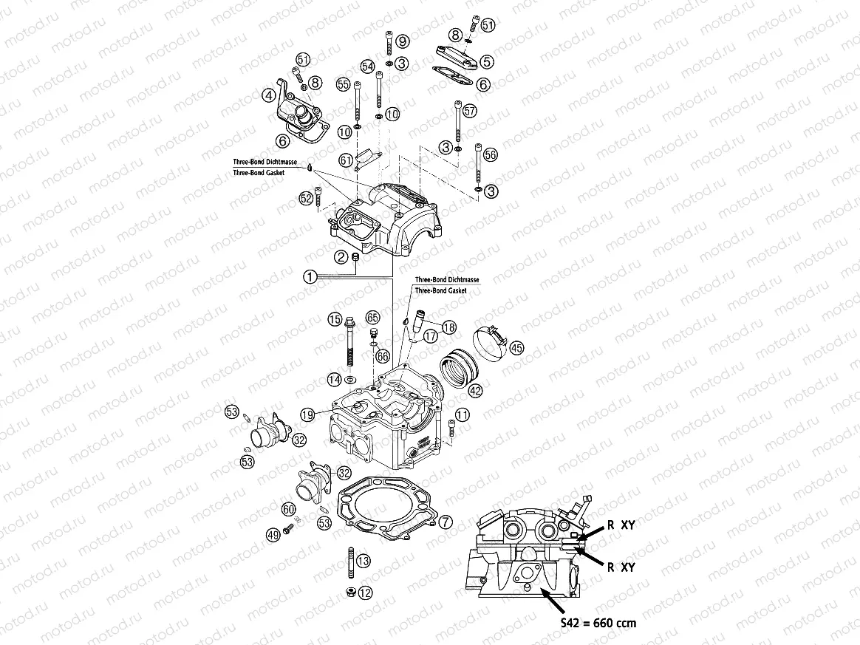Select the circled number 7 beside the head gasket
(445, 522)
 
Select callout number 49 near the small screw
(272, 533)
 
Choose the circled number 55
(343, 85)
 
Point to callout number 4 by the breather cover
(269, 95)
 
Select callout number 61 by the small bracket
(346, 160)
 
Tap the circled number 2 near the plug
(341, 256)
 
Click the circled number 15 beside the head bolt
(335, 320)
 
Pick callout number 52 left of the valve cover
(306, 198)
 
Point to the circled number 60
(288, 509)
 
